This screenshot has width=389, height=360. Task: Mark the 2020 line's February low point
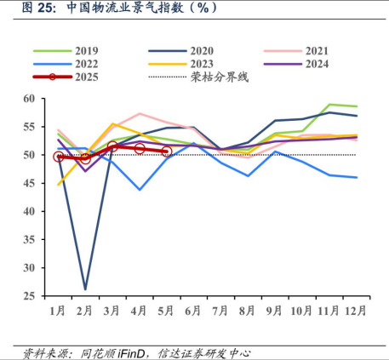coord(85,289)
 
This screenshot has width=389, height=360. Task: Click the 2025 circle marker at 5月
coord(166,151)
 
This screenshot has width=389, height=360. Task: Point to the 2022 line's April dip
coord(139,190)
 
